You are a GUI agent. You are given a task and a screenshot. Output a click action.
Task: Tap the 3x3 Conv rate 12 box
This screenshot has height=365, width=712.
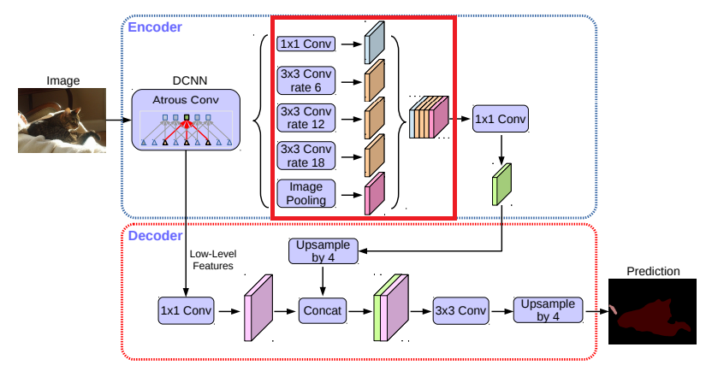coord(306,119)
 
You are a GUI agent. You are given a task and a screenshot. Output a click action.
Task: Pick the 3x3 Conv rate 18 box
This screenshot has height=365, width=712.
coord(306,156)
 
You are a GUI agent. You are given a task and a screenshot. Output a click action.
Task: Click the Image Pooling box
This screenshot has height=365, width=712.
coord(306,193)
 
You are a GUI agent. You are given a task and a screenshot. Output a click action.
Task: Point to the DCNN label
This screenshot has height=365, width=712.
coord(187,78)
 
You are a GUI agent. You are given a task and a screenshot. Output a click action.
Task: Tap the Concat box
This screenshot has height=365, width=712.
coord(322,311)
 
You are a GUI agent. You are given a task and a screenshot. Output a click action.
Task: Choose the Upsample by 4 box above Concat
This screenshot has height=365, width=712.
coord(322,250)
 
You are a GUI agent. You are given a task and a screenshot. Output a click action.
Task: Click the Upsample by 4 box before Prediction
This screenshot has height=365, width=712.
coord(549,311)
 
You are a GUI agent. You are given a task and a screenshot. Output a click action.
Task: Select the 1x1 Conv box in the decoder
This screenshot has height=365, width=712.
coord(186,311)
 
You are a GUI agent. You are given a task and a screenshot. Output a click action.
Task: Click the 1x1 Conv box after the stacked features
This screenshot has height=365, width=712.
coord(501,119)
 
